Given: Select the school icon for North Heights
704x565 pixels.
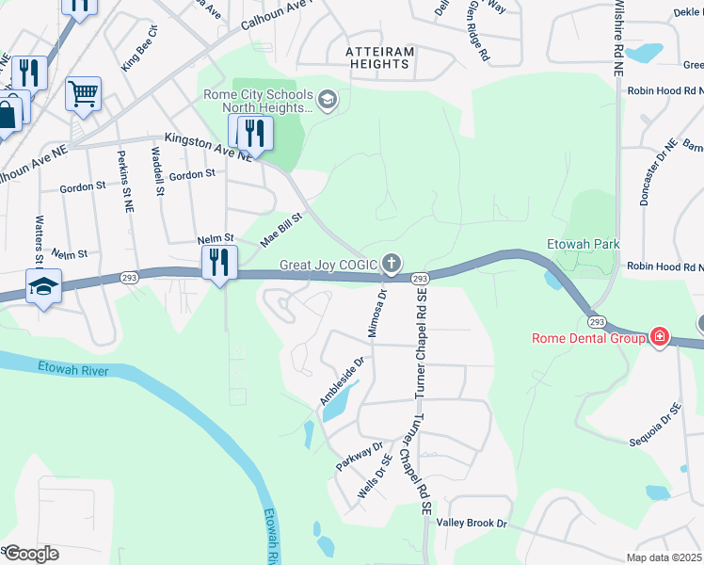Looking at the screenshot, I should [328, 99].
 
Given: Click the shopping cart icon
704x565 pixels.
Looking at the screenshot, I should [83, 93].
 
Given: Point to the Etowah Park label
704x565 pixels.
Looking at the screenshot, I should [584, 244].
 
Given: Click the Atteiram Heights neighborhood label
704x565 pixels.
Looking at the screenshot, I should [365, 56].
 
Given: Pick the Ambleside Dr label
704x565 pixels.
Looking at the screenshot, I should [342, 381].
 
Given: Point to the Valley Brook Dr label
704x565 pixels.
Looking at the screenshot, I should [472, 523].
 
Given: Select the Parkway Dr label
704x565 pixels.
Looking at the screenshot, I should [360, 457].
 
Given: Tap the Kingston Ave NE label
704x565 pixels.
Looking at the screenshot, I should [208, 146].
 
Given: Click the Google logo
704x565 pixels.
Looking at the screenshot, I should [30, 554].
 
